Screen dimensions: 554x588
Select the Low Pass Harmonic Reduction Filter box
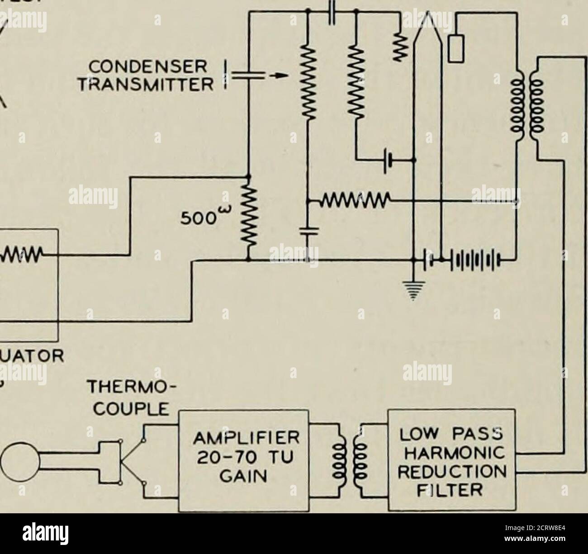point(452,460)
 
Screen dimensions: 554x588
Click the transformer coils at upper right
point(525,109)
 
